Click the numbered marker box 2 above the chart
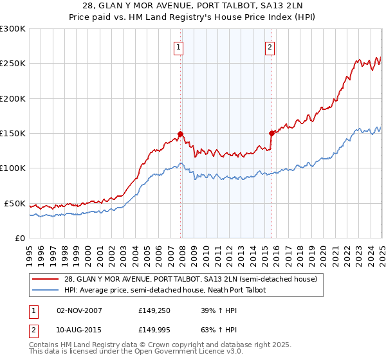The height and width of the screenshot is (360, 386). coord(270,46)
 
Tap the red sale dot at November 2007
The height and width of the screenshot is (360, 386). coord(181,134)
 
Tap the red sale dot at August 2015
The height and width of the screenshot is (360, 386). coord(271,134)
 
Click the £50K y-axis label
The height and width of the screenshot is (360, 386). coord(15,203)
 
